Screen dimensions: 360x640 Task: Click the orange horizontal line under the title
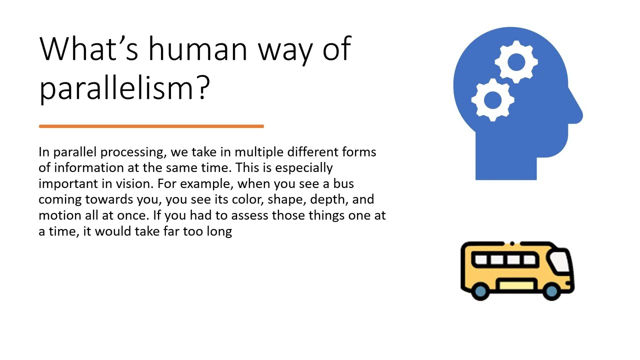[151, 126]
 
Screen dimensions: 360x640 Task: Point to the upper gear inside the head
[516, 62]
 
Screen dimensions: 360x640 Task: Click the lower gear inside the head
[492, 100]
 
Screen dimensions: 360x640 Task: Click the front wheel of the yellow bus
[551, 290]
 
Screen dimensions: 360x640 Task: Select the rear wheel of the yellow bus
[480, 290]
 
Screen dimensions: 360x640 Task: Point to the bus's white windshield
[559, 261]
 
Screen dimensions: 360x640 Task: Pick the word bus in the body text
[343, 183]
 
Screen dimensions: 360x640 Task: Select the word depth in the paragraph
[327, 199]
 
